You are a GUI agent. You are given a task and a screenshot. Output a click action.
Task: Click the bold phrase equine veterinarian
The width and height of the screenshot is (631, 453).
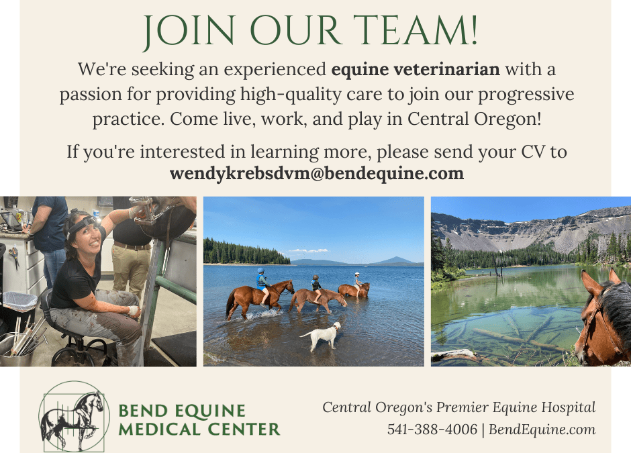(416, 70)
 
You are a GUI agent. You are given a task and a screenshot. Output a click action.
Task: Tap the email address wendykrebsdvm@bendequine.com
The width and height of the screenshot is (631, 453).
(317, 174)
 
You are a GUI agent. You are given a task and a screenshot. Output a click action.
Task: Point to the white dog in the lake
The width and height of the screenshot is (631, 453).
(321, 336)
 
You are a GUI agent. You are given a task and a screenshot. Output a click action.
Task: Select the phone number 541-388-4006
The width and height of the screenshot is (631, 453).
(432, 430)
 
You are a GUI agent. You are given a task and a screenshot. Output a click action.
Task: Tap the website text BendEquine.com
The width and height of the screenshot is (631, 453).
(542, 430)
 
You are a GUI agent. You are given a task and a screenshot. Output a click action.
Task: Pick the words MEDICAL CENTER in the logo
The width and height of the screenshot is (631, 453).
(199, 430)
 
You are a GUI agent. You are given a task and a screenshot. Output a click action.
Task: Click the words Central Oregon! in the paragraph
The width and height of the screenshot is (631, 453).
(474, 119)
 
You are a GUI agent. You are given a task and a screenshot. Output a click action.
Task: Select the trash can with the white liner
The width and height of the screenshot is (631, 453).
(19, 310)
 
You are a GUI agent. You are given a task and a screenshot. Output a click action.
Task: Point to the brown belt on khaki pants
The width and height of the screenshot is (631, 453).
(132, 246)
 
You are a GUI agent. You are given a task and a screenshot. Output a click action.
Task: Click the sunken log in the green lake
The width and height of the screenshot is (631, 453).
(519, 338)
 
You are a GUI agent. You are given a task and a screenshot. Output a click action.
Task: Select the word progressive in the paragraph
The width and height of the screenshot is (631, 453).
(526, 95)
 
